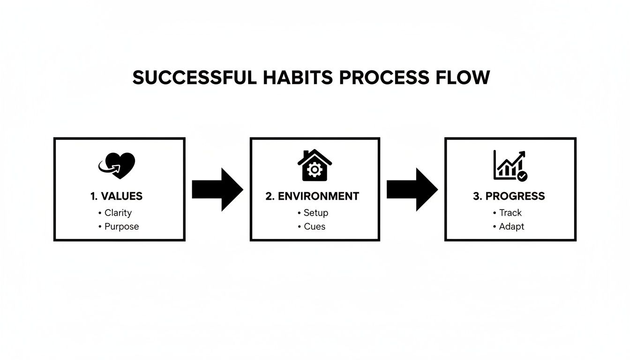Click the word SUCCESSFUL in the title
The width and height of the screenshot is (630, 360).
[194, 77]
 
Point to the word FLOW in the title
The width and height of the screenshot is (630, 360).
[462, 77]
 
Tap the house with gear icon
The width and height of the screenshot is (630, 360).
[315, 165]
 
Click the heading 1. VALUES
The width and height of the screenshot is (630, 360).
[116, 196]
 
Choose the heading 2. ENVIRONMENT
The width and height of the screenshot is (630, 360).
[312, 196]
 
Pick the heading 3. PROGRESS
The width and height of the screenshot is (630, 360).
[509, 196]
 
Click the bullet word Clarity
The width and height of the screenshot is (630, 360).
[118, 213]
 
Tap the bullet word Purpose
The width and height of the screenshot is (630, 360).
[121, 227]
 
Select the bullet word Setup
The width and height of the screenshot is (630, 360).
[315, 213]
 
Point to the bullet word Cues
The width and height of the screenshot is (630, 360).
[314, 227]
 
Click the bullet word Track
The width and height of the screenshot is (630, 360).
[510, 213]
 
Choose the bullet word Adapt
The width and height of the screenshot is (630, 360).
[511, 227]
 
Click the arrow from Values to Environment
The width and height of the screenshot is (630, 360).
[217, 189]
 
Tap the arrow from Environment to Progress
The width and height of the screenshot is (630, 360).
[412, 189]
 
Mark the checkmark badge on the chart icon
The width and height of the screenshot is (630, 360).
[522, 176]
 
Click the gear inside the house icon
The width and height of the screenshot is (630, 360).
[314, 170]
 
